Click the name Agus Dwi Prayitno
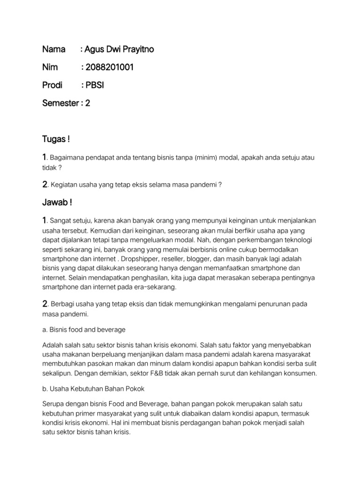[x=120, y=49]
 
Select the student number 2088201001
[x=110, y=67]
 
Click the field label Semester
[x=60, y=103]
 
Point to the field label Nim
[x=50, y=67]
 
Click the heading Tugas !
[x=56, y=139]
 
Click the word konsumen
[x=300, y=373]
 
